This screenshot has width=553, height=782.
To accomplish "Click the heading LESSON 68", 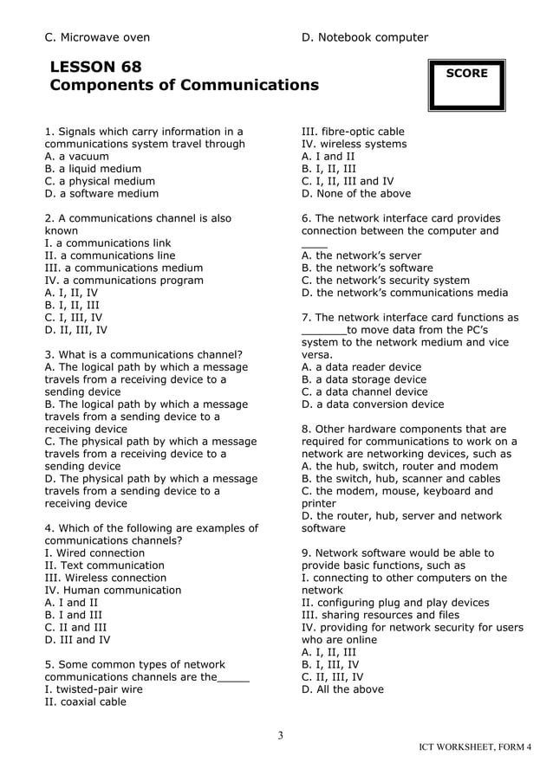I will click(95, 67).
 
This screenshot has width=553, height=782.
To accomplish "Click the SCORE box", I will click(465, 85).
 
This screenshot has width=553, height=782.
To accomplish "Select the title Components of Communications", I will click(184, 86).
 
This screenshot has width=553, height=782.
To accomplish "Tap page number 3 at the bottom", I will click(280, 736).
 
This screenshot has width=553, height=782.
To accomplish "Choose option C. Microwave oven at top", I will click(97, 37).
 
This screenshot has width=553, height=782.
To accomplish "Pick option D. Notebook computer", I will click(364, 37).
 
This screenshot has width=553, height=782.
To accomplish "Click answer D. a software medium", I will click(101, 194).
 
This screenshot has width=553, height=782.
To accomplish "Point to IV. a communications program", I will click(124, 281).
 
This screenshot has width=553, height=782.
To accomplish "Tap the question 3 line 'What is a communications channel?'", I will click(143, 354).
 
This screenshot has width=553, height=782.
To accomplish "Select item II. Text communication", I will click(104, 565).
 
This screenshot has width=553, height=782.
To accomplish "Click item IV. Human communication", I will click(113, 591).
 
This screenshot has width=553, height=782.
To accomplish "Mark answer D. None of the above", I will click(356, 194).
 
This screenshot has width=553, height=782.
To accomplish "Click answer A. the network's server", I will click(361, 255).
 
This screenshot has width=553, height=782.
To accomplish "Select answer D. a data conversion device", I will click(372, 404).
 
